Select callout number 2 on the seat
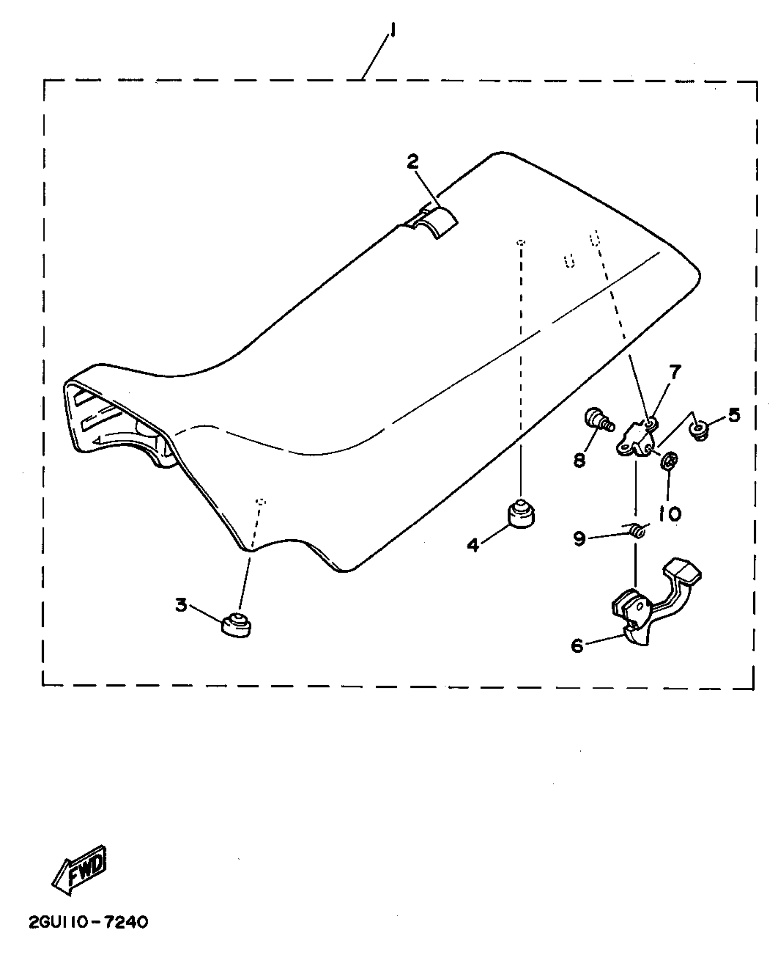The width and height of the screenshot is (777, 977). [x=413, y=161]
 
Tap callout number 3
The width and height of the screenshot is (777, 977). [x=181, y=606]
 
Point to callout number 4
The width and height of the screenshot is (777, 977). [x=473, y=544]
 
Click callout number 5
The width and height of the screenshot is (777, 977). [x=734, y=415]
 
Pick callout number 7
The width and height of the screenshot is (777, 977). [x=675, y=371]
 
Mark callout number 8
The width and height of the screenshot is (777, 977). [x=579, y=460]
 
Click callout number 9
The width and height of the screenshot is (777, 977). [x=579, y=539]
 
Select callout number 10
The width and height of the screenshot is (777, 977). [x=670, y=514]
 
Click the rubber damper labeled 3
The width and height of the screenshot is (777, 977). [x=236, y=624]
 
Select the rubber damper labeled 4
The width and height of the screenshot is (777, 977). [x=521, y=515]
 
